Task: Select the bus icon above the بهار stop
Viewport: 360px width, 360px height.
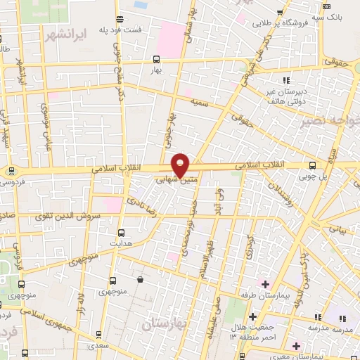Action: [155, 60]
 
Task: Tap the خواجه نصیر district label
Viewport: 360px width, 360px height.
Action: [338, 120]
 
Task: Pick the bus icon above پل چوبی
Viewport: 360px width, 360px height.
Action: [312, 166]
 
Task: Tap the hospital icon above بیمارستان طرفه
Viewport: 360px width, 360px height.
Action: [265, 284]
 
